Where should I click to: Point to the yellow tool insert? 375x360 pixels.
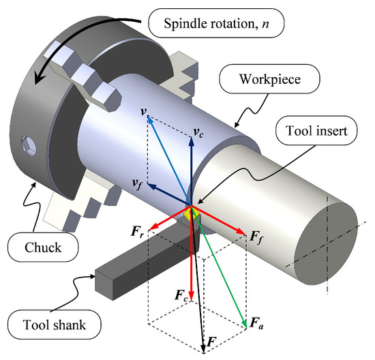click(x=193, y=215)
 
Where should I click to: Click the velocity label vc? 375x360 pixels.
click(x=198, y=133)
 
